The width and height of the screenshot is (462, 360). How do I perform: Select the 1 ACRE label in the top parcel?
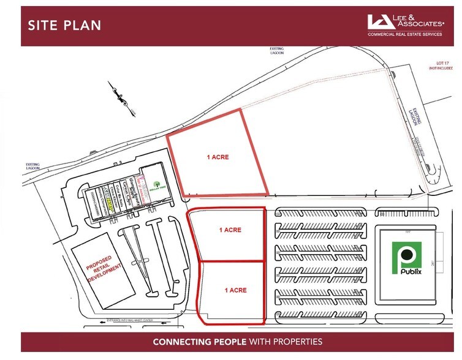click(x=217, y=157)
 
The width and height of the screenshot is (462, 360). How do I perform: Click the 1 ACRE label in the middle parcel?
click(x=230, y=230)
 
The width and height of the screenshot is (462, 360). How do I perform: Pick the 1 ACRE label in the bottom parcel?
click(x=235, y=290)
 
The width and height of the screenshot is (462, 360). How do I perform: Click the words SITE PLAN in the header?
click(x=64, y=25)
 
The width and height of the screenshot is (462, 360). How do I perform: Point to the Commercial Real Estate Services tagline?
click(x=405, y=34)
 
